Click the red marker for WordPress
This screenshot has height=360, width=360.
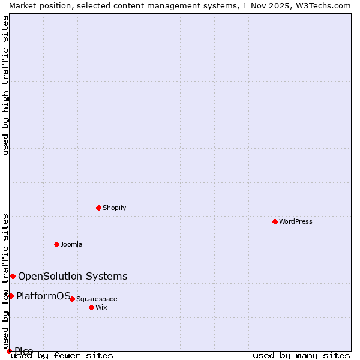275,221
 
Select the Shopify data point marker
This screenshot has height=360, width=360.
98,208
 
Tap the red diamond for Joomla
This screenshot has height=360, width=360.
56,244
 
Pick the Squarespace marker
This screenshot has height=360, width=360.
72,299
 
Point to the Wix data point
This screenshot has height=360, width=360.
91,307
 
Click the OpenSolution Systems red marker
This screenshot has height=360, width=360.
13,276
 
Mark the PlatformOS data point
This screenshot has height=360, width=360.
11,296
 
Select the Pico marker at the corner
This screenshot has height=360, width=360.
9,351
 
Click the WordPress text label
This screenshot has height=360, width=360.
296,221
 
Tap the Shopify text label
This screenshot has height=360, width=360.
114,208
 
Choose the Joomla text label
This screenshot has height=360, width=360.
71,244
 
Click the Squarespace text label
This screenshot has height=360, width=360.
97,299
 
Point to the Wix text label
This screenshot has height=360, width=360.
101,307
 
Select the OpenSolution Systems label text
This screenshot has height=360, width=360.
73,276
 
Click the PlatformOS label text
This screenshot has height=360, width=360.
43,296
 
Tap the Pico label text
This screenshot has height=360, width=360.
24,351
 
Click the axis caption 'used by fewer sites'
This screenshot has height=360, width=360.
62,356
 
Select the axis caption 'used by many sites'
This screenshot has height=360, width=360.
301,356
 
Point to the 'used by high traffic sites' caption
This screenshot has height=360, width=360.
5,85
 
